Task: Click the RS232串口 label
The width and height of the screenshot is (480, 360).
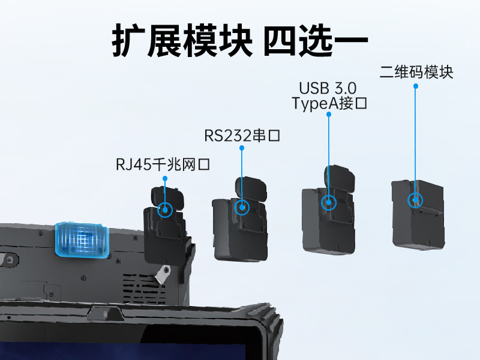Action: [242, 136]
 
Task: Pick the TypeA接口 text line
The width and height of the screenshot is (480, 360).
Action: [329, 104]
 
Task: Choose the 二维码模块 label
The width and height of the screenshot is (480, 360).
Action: [416, 73]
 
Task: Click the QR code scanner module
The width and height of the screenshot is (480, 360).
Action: [418, 212]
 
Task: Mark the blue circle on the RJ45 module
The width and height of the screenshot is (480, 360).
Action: [164, 210]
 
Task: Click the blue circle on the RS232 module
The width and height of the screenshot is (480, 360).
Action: [242, 208]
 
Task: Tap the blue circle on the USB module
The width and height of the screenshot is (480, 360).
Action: [329, 202]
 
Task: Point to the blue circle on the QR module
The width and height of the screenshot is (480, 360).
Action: [415, 200]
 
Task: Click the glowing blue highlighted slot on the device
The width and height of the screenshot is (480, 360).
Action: [81, 240]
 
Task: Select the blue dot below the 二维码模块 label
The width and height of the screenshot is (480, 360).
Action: [415, 86]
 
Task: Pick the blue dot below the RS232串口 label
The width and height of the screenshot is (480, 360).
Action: [242, 148]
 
